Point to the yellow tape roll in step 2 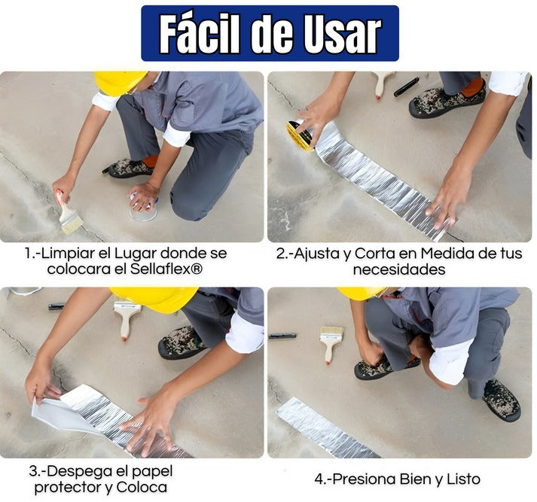[x=300, y=135]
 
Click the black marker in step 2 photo [x=406, y=87]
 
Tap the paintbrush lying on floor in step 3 [x=127, y=315]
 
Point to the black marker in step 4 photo [x=282, y=336]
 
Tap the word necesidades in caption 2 [x=398, y=269]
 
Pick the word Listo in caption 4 [x=460, y=479]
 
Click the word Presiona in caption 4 [x=365, y=479]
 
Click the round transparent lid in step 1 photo [x=142, y=212]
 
